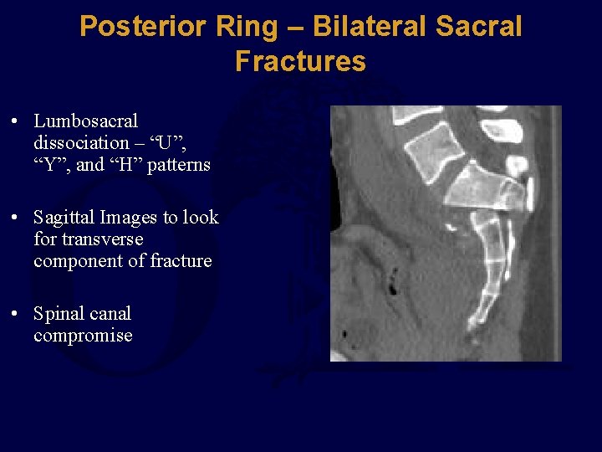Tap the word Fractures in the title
pos(300,61)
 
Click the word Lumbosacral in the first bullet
pos(85,121)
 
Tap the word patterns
pos(179,165)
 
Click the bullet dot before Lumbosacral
pos(16,122)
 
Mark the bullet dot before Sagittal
pos(16,218)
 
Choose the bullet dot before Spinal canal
pos(16,315)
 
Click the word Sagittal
pos(64,218)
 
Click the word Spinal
pos(58,314)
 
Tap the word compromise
pos(83,336)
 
